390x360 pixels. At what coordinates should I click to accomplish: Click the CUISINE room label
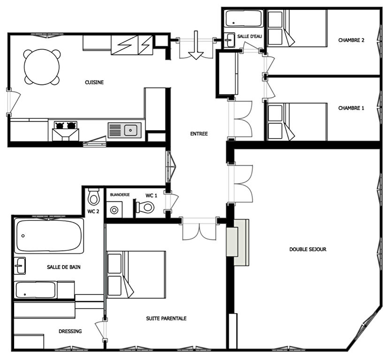(x=94, y=82)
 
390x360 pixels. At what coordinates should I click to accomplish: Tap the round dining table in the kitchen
(x=42, y=67)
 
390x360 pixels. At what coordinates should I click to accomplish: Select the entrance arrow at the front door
(x=196, y=45)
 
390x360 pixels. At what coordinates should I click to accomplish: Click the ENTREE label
(x=199, y=134)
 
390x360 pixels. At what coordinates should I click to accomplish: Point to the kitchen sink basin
(x=130, y=130)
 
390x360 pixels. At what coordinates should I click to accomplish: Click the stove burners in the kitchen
(x=65, y=126)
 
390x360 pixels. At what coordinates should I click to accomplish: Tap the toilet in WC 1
(x=145, y=207)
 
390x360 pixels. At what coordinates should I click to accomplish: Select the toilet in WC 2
(x=93, y=196)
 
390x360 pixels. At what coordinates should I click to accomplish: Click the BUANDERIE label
(x=120, y=195)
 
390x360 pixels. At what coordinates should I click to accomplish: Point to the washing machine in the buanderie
(x=114, y=210)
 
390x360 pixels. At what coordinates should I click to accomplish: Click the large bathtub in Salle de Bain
(x=49, y=235)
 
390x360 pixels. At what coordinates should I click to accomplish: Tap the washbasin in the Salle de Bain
(x=20, y=266)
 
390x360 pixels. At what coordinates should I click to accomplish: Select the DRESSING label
(x=70, y=331)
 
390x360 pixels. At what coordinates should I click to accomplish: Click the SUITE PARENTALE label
(x=166, y=318)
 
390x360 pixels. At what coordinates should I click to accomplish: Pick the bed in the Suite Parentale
(x=136, y=275)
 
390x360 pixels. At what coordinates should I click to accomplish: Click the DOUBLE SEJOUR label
(x=308, y=249)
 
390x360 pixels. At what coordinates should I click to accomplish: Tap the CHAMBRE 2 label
(x=351, y=40)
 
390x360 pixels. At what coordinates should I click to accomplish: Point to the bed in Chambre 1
(x=297, y=122)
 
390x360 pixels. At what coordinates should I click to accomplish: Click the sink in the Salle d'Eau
(x=229, y=40)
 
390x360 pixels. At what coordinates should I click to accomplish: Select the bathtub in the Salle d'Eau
(x=244, y=18)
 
